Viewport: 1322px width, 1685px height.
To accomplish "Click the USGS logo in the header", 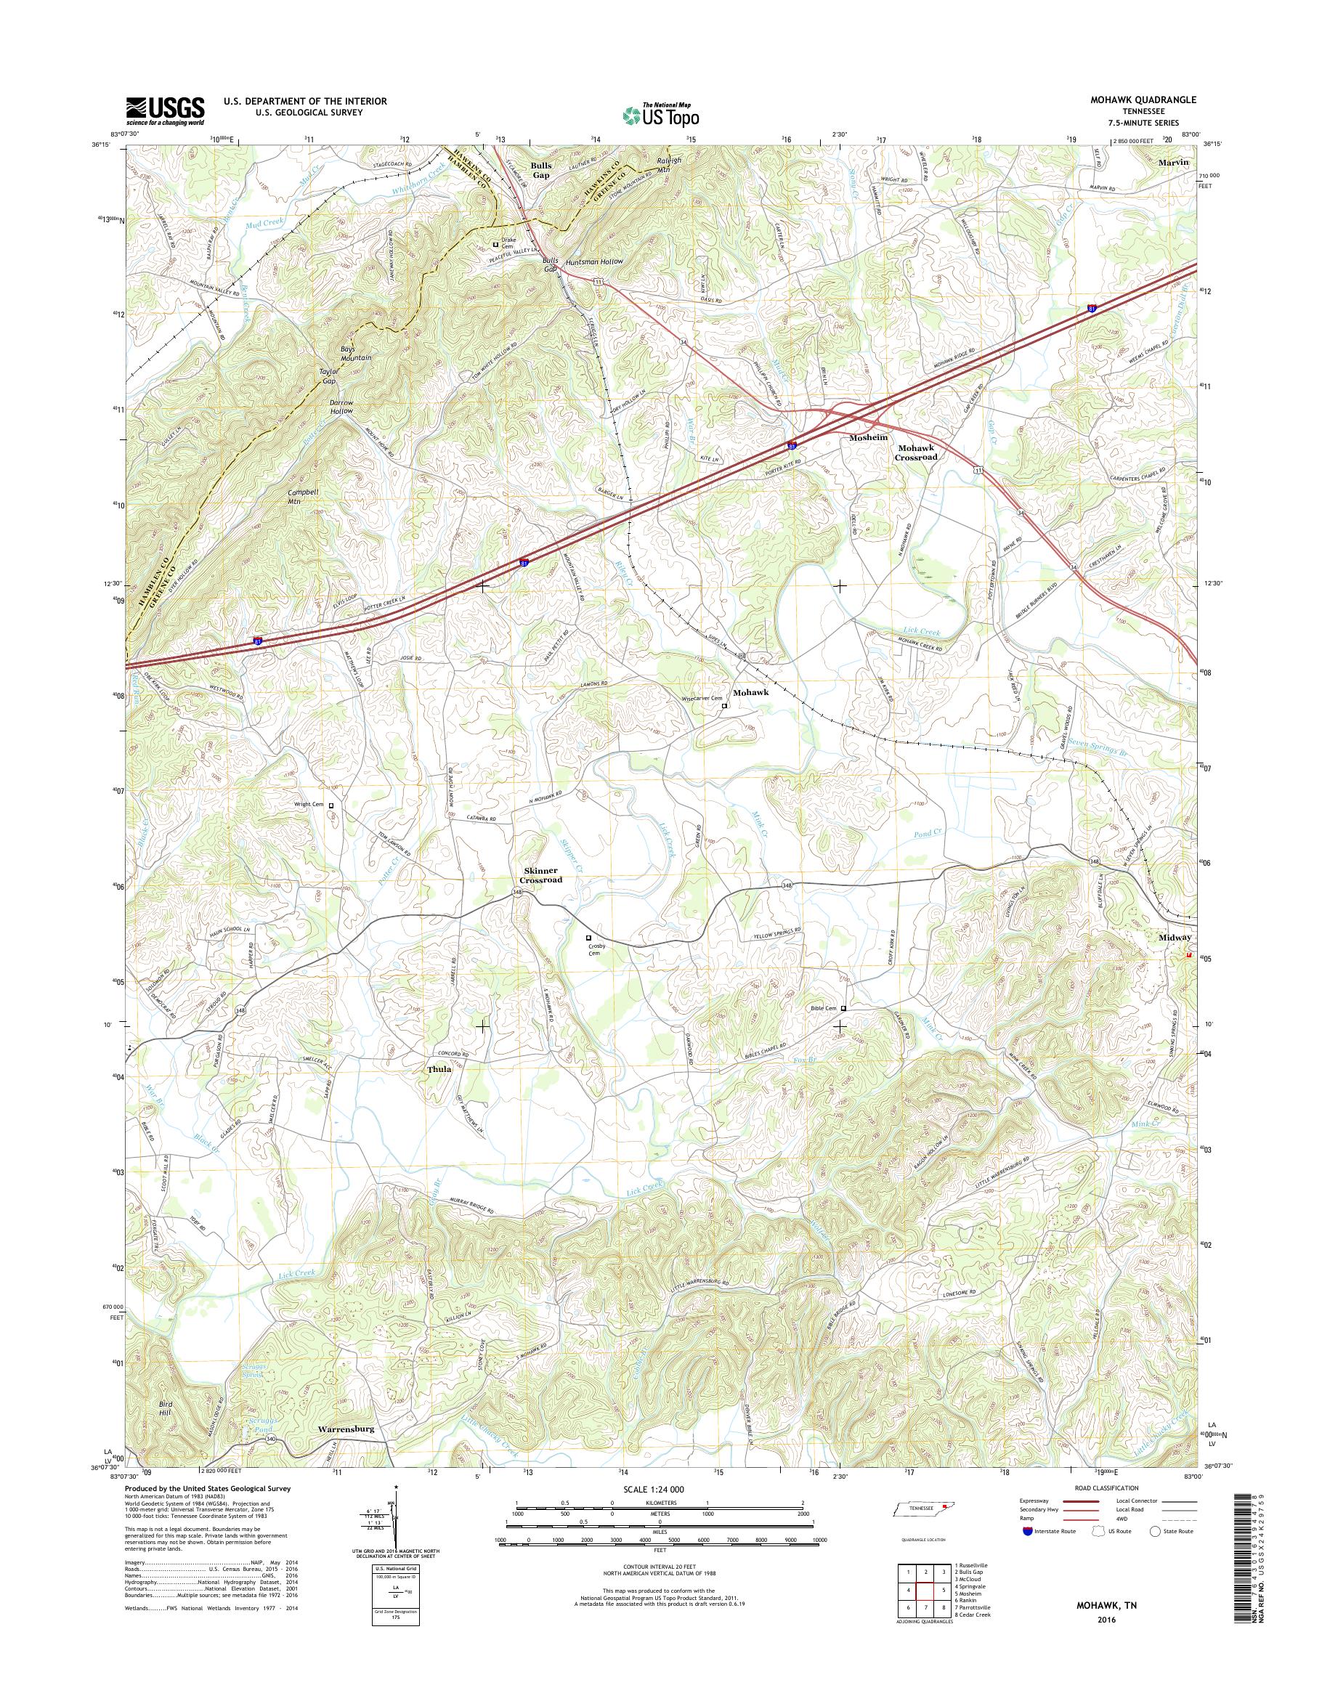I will (165, 110).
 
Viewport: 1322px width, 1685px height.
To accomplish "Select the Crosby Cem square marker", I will (588, 938).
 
